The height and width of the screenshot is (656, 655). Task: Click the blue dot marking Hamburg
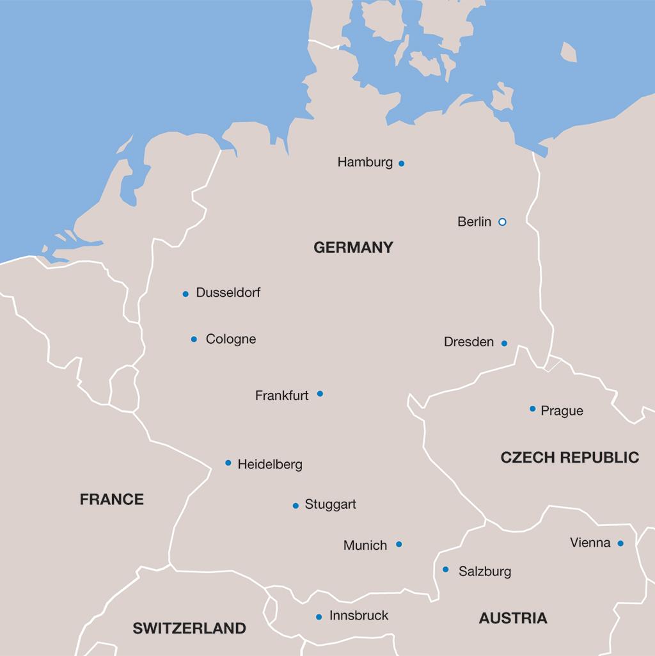(x=401, y=163)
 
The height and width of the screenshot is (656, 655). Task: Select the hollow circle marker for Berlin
(x=502, y=222)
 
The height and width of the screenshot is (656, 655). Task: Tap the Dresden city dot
(x=504, y=344)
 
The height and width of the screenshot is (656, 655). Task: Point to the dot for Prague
(x=532, y=409)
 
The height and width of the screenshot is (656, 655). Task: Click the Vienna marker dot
(x=620, y=543)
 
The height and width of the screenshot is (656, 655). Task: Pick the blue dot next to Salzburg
(x=446, y=570)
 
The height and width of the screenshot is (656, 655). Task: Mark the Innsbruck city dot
(x=319, y=617)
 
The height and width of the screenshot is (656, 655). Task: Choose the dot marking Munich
(x=399, y=545)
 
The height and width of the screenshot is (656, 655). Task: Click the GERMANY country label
(x=353, y=248)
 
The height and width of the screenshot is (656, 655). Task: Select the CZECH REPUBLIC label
(x=569, y=457)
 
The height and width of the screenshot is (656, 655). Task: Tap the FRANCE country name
(x=112, y=499)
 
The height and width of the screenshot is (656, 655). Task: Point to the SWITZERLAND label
(x=189, y=628)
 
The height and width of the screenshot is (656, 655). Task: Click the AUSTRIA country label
(x=513, y=618)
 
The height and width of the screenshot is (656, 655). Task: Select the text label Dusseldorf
(x=228, y=292)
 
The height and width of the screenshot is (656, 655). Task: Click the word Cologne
(x=231, y=339)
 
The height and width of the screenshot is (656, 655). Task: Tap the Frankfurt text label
(x=281, y=396)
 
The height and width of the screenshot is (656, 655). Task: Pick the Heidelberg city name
(x=270, y=465)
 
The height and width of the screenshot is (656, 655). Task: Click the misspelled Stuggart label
(x=331, y=504)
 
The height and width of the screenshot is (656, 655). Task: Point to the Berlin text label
(x=475, y=222)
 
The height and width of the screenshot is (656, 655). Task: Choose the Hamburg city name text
(x=365, y=163)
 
